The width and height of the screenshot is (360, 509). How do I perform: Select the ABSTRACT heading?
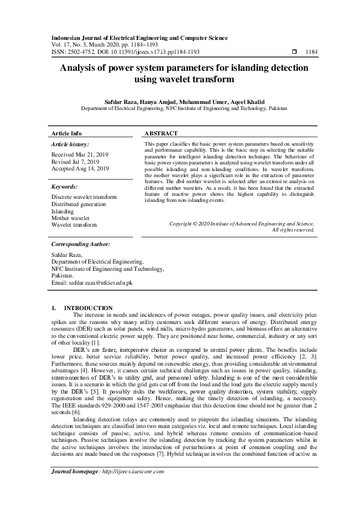pyautogui.click(x=161, y=133)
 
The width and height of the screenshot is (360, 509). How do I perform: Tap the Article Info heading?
pyautogui.click(x=67, y=133)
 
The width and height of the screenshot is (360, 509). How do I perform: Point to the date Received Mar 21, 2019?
pyautogui.click(x=80, y=155)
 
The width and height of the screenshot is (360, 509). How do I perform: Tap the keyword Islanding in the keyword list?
pyautogui.click(x=63, y=211)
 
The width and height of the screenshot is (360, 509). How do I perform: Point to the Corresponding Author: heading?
pyautogui.click(x=80, y=244)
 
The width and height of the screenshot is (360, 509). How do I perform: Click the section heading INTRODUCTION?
pyautogui.click(x=88, y=308)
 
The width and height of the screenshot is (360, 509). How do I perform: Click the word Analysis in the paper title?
pyautogui.click(x=80, y=68)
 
